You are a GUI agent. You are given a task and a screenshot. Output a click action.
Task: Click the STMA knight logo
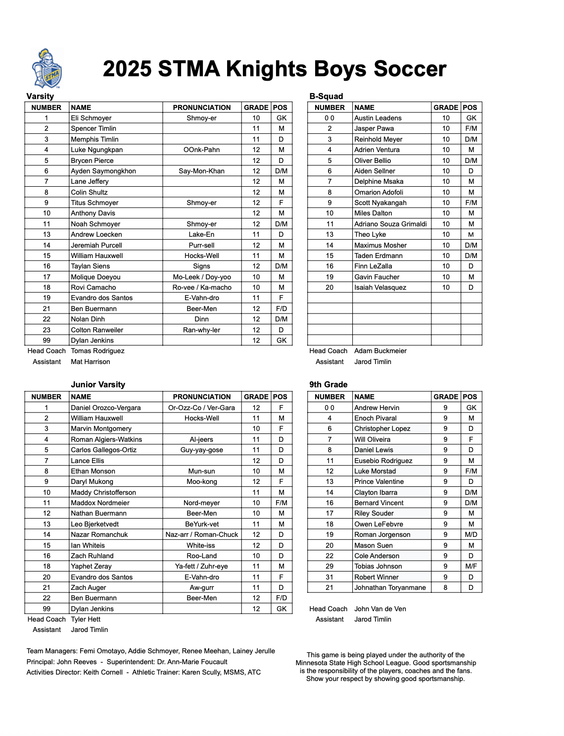pos(47,68)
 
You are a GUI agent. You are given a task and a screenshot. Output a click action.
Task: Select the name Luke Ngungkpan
pos(96,150)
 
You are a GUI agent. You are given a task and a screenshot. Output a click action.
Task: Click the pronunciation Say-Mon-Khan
pos(201,171)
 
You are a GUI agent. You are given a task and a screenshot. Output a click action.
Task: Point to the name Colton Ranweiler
pos(97,330)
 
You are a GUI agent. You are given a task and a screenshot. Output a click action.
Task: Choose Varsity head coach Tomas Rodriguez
pos(97,351)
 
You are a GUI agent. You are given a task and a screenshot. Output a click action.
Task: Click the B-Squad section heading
pos(326,96)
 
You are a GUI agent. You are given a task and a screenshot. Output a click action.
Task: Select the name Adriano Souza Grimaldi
pos(390,224)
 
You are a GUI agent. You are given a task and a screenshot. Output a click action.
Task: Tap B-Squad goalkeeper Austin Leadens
pos(377,118)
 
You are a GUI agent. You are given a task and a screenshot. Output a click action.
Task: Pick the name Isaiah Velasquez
pos(380,287)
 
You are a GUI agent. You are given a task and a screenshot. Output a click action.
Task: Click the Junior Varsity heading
pos(98,384)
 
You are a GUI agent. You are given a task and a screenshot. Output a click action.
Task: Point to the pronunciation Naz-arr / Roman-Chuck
pos(201,534)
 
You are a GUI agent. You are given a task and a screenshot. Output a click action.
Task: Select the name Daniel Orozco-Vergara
pos(105,408)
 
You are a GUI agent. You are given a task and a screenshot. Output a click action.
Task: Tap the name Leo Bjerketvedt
pos(94,524)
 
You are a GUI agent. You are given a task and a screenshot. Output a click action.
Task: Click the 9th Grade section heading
pos(329,384)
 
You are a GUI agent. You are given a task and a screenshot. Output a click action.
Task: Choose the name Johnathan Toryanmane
pos(390,587)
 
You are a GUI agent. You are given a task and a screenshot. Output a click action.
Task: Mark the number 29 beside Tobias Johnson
pos(329,566)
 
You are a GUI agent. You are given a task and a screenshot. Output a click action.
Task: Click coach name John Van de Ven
pos(380,609)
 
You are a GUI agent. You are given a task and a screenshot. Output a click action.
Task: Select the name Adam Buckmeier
pos(380,351)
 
